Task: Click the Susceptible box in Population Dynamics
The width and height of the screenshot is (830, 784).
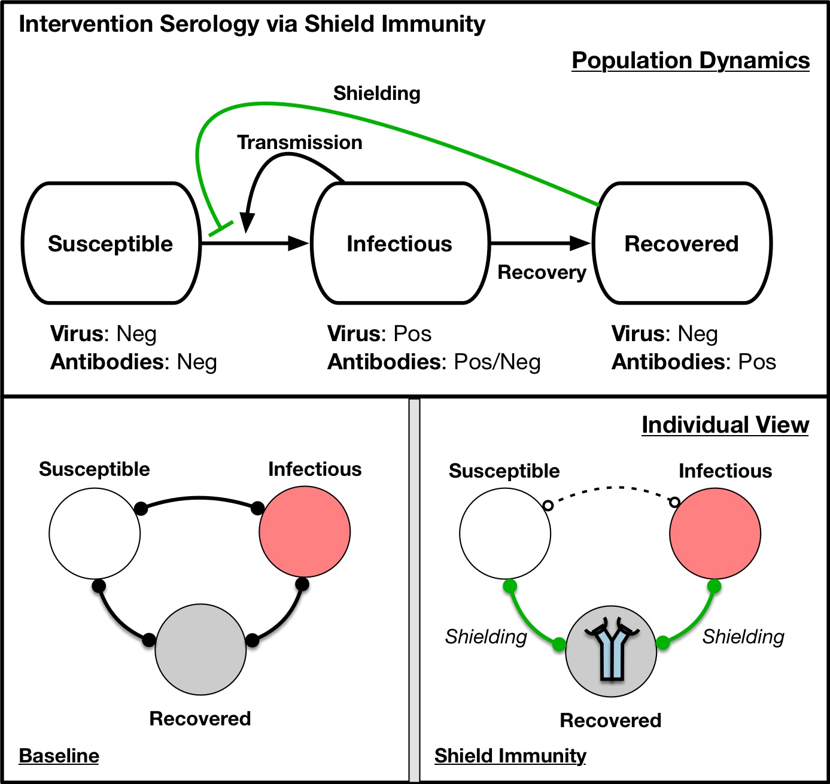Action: click(111, 244)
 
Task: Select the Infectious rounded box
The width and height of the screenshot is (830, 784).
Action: click(400, 244)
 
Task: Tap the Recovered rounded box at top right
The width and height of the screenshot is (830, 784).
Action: click(682, 244)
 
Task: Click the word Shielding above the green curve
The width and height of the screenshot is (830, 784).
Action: click(377, 93)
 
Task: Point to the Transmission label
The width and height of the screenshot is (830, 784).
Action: click(300, 142)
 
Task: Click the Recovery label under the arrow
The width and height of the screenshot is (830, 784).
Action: click(542, 272)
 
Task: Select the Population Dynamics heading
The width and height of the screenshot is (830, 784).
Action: click(691, 60)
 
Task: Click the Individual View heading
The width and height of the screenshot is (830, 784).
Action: click(725, 425)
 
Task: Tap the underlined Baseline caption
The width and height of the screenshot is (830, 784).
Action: click(59, 756)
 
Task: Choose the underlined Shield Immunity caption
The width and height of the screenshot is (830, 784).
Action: click(510, 756)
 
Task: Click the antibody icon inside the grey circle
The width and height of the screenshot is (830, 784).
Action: click(612, 649)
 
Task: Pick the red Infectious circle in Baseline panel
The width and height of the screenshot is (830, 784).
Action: click(305, 532)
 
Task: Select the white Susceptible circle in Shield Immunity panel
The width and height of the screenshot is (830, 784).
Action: click(505, 533)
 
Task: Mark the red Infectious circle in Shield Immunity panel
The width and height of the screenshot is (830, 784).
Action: click(715, 533)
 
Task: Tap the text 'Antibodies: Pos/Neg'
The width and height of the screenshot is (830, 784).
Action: click(434, 362)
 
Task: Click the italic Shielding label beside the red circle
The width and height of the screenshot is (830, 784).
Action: click(743, 637)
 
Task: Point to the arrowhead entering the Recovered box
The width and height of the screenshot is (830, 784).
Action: click(580, 243)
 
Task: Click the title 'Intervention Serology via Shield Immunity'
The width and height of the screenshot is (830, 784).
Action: click(252, 25)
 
